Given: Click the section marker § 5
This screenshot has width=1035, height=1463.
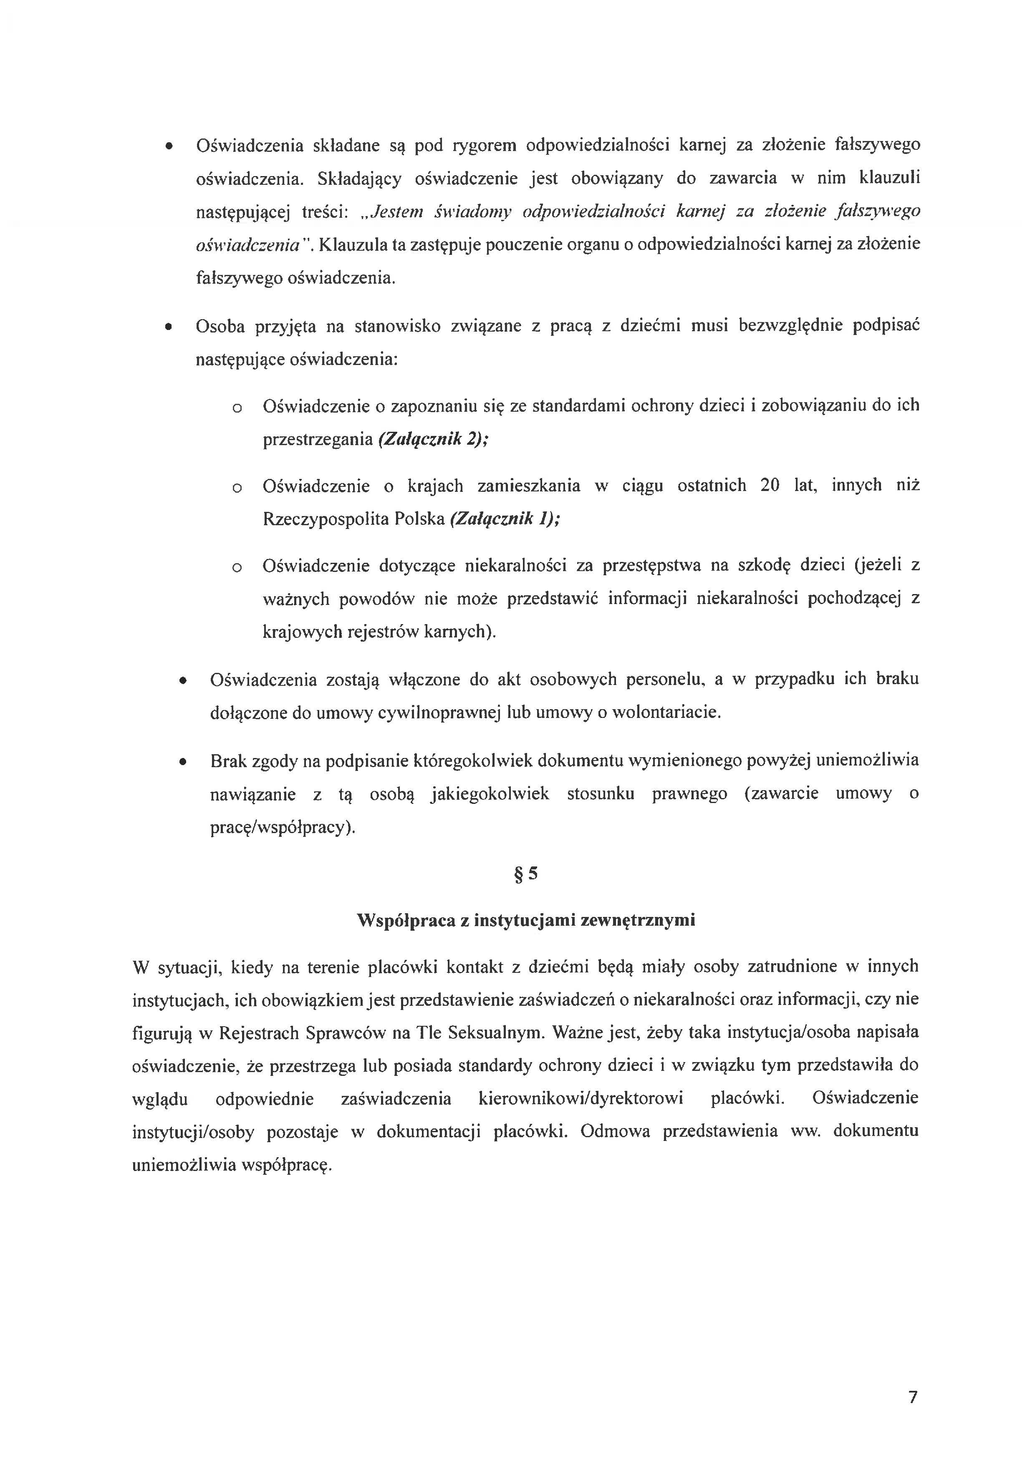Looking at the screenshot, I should coord(526,874).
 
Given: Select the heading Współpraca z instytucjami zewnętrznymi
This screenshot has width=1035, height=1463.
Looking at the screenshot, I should coord(526,920).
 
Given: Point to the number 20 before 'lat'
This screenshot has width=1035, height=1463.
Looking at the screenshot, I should coord(770,486).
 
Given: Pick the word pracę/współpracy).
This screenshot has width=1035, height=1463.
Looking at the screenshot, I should coord(283,828).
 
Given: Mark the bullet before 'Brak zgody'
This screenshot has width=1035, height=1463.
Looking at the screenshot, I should coord(183,761).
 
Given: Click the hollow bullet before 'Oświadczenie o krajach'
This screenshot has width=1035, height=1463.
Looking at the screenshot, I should coord(237,488).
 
